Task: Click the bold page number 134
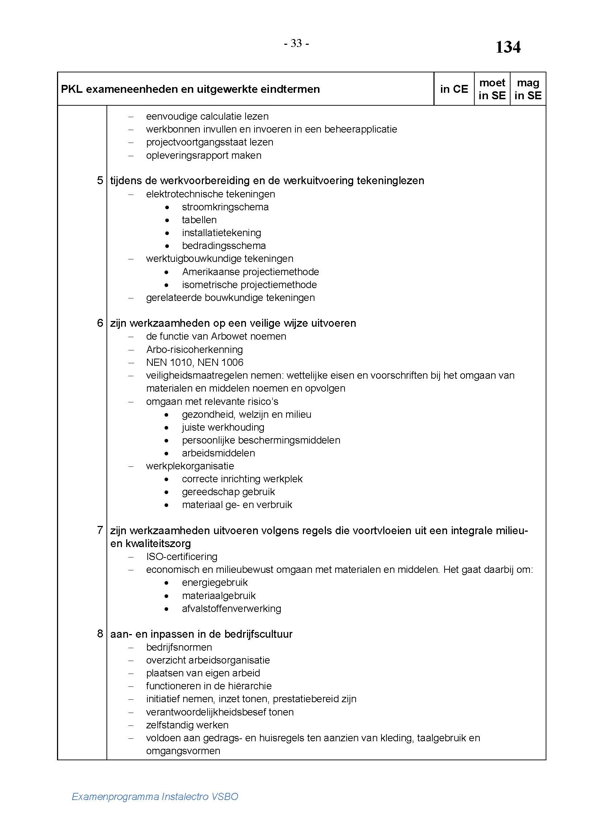(x=508, y=47)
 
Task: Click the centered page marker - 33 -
(x=296, y=43)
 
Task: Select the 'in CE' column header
(x=454, y=89)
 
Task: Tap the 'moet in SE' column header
(x=492, y=89)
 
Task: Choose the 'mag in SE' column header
(x=528, y=89)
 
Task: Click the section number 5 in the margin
(x=100, y=180)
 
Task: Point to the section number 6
(x=100, y=323)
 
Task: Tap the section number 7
(x=100, y=530)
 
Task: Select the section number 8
(x=100, y=634)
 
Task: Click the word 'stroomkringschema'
(x=225, y=207)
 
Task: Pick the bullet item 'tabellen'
(x=199, y=220)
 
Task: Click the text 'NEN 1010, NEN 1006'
(x=195, y=363)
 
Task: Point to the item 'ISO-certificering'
(x=181, y=557)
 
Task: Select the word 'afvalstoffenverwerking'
(x=232, y=608)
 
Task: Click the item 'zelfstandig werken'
(x=187, y=725)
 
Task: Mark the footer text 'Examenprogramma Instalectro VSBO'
(x=155, y=796)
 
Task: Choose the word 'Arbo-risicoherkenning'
(x=194, y=349)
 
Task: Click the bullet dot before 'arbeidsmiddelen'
(x=167, y=453)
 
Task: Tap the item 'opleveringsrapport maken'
(x=204, y=155)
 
